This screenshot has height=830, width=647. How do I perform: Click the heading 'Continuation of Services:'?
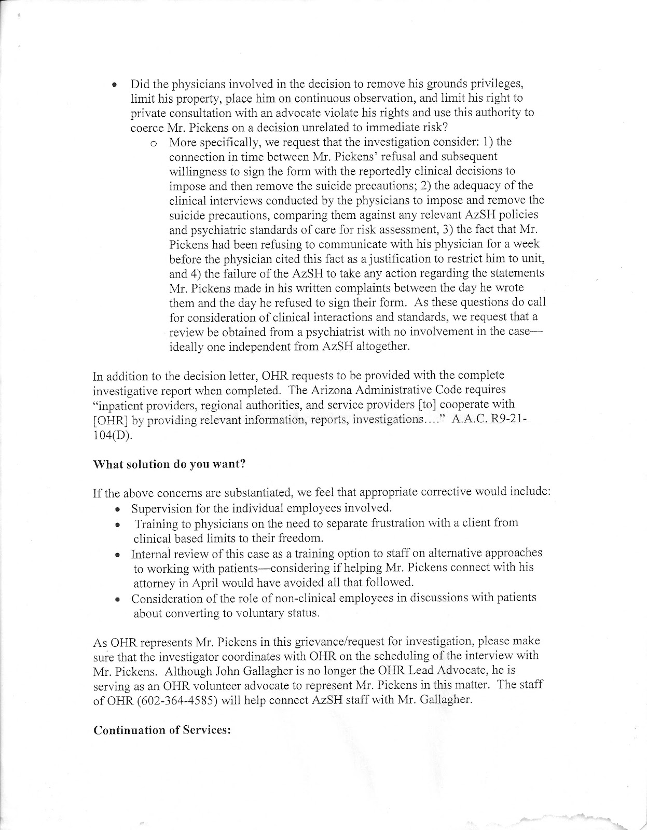click(162, 730)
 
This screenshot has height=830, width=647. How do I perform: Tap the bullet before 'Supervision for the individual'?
click(118, 509)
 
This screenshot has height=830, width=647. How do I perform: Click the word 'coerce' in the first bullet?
click(147, 127)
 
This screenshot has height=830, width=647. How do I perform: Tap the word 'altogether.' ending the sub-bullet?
click(386, 347)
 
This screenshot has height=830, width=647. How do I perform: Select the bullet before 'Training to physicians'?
click(118, 524)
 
